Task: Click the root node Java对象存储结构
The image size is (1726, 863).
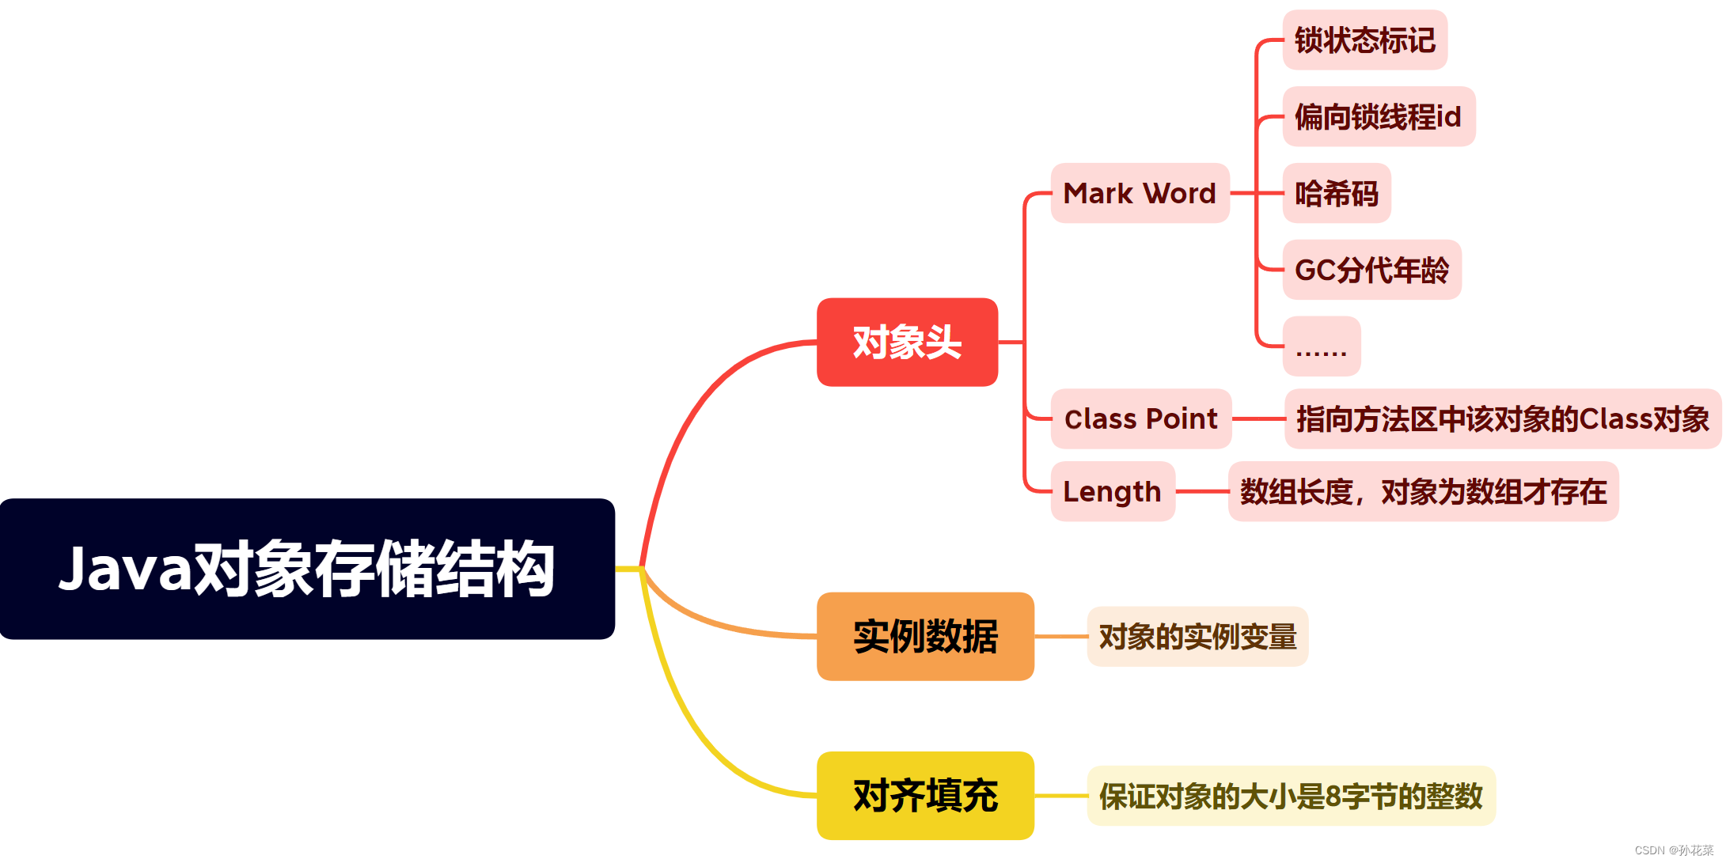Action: pyautogui.click(x=307, y=569)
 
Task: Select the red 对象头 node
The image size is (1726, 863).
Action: pyautogui.click(x=907, y=343)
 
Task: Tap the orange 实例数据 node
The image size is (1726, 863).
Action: pyautogui.click(x=925, y=637)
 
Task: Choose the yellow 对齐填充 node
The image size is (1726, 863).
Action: pyautogui.click(x=925, y=796)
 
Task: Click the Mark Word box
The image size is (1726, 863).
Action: pyautogui.click(x=1140, y=193)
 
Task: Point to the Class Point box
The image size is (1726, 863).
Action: pyautogui.click(x=1140, y=419)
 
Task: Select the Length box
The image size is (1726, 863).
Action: pyautogui.click(x=1112, y=491)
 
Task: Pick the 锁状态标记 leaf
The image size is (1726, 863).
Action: pyautogui.click(x=1364, y=40)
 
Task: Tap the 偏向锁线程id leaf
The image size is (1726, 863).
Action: pyautogui.click(x=1378, y=117)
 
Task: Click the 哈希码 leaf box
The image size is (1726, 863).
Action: pyautogui.click(x=1336, y=194)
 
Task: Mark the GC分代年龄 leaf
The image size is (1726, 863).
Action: pyautogui.click(x=1371, y=271)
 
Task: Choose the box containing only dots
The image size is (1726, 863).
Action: pyautogui.click(x=1321, y=346)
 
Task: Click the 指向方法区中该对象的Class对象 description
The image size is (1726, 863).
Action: pyautogui.click(x=1502, y=419)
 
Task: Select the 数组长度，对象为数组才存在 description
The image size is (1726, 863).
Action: pyautogui.click(x=1422, y=491)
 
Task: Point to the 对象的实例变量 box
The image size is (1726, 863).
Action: pyautogui.click(x=1197, y=637)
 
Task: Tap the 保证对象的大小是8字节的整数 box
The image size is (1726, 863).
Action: pyautogui.click(x=1291, y=796)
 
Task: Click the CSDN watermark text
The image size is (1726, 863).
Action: pyautogui.click(x=1673, y=850)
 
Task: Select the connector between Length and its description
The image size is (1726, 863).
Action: pyautogui.click(x=1201, y=491)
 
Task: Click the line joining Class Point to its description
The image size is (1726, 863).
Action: pyautogui.click(x=1258, y=419)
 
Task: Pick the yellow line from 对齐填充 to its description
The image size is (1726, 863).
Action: pyautogui.click(x=1060, y=796)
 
